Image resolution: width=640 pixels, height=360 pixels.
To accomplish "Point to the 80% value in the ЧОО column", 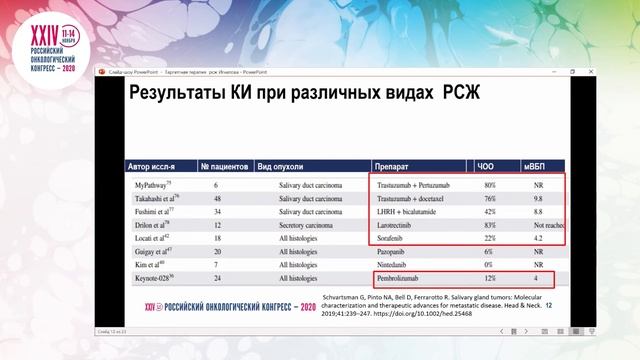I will pyautogui.click(x=489, y=186).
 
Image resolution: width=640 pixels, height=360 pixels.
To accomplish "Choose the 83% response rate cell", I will pyautogui.click(x=489, y=225).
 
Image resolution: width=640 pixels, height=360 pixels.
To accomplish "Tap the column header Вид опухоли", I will pyautogui.click(x=282, y=166).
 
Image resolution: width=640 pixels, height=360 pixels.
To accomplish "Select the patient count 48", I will pyautogui.click(x=217, y=199).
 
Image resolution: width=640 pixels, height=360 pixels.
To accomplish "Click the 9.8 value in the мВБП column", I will pyautogui.click(x=539, y=199).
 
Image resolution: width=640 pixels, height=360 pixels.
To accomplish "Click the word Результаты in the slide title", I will pyautogui.click(x=184, y=96).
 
